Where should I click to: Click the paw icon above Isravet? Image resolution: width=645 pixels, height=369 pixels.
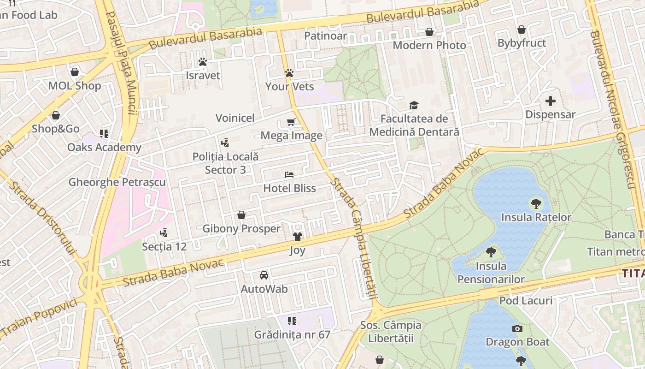tap(202, 62)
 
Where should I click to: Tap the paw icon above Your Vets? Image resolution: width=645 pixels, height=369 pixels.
tap(289, 73)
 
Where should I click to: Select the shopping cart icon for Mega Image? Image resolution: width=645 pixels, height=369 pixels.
tap(291, 122)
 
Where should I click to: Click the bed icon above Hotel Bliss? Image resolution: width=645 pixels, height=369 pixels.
tap(289, 175)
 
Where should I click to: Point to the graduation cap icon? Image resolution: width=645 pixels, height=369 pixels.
tap(414, 106)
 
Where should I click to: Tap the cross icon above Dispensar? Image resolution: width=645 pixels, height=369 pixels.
tap(550, 101)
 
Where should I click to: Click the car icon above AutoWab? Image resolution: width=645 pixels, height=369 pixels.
tap(264, 275)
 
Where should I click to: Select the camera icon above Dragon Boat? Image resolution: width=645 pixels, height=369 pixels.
tap(517, 328)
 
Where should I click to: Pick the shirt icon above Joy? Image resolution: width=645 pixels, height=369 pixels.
tap(297, 237)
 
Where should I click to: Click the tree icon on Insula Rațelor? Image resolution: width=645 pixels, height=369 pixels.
tap(536, 203)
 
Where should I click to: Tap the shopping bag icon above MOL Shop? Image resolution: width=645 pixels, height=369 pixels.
tap(75, 72)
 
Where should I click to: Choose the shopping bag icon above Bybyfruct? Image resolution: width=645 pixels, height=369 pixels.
tap(522, 30)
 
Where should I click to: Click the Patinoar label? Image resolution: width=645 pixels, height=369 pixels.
tap(326, 36)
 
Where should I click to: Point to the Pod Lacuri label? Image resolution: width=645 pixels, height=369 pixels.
tap(526, 301)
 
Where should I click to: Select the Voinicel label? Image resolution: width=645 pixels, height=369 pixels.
tap(235, 118)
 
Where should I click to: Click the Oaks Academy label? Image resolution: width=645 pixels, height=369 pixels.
tap(104, 147)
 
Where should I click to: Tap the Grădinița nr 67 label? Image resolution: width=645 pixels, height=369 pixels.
tap(292, 334)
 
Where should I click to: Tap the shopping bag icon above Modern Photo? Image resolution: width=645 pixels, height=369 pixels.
tap(429, 32)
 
